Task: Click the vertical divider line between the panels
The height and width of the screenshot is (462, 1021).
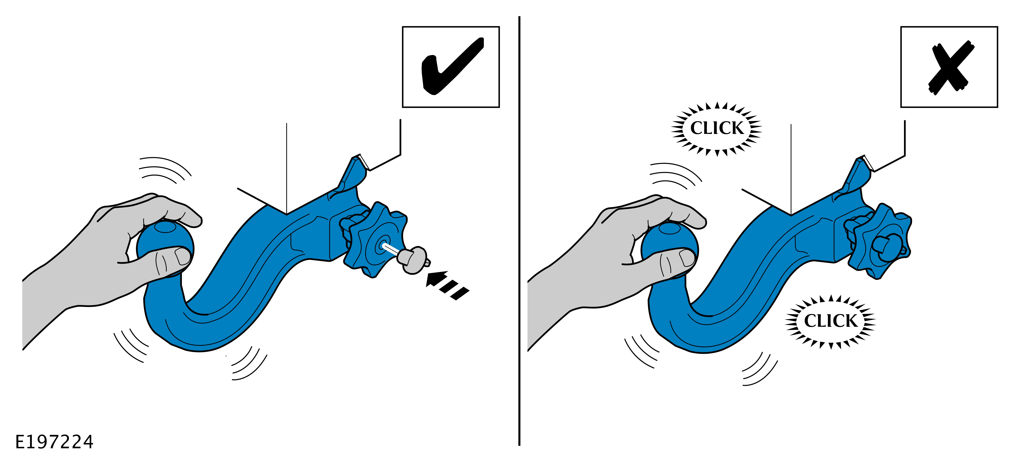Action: click(x=519, y=231)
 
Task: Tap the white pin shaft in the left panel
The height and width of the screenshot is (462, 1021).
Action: click(x=390, y=250)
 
